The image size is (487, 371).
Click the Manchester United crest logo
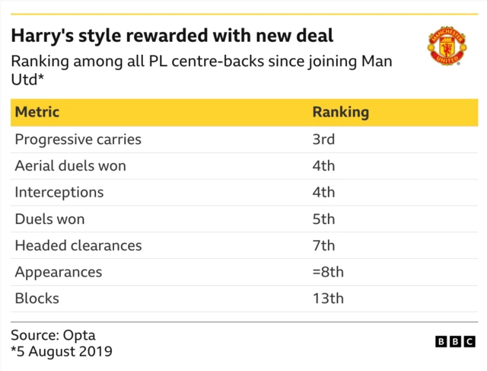pos(447,47)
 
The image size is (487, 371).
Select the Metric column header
pos(37,112)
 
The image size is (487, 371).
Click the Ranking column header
pos(340,112)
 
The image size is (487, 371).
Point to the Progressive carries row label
pos(78,139)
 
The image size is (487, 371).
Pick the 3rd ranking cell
pos(323,139)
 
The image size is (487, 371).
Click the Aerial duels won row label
pos(70,166)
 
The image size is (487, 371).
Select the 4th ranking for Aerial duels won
pos(323,166)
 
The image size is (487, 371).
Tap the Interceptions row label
pos(59,193)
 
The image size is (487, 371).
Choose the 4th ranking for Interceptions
pos(323,193)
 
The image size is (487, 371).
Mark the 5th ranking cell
pos(323,219)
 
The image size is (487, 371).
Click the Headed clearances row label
pos(78,246)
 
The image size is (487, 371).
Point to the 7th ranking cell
pos(323,246)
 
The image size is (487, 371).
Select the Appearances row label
pos(58,273)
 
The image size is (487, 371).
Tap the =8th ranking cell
pos(328,273)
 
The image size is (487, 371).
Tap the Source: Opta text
pos(53,335)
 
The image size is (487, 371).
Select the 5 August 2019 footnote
pos(62,352)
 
